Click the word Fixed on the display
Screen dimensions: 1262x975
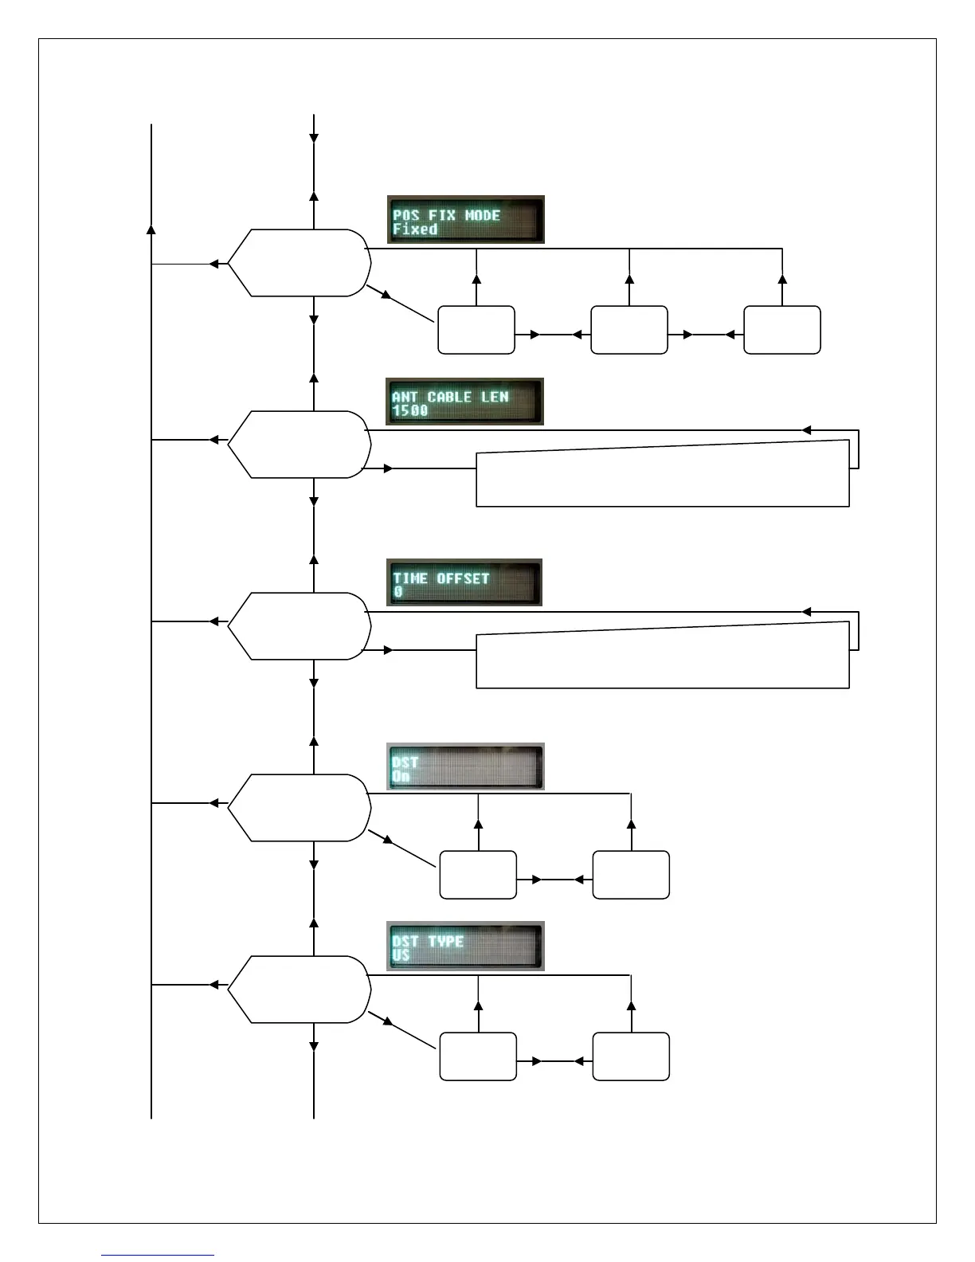click(415, 229)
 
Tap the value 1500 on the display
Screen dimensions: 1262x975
click(410, 411)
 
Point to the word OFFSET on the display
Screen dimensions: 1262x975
click(463, 578)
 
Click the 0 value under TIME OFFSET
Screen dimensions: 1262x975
click(398, 593)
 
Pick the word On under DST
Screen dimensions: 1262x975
click(401, 776)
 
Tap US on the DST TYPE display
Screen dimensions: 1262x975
click(401, 955)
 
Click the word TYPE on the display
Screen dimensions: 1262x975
click(445, 942)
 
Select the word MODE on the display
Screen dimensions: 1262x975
click(483, 215)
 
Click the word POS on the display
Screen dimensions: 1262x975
click(406, 215)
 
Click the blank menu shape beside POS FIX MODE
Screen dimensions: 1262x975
click(300, 263)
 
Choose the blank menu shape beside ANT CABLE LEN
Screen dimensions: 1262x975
click(300, 445)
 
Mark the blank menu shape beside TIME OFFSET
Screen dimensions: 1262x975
click(300, 626)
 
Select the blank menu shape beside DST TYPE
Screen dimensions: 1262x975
click(300, 990)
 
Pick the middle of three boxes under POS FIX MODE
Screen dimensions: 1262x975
click(629, 330)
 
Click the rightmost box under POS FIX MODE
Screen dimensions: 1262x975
click(782, 330)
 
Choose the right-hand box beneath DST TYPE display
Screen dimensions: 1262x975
click(631, 1056)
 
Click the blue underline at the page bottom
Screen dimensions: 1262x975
click(158, 1256)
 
